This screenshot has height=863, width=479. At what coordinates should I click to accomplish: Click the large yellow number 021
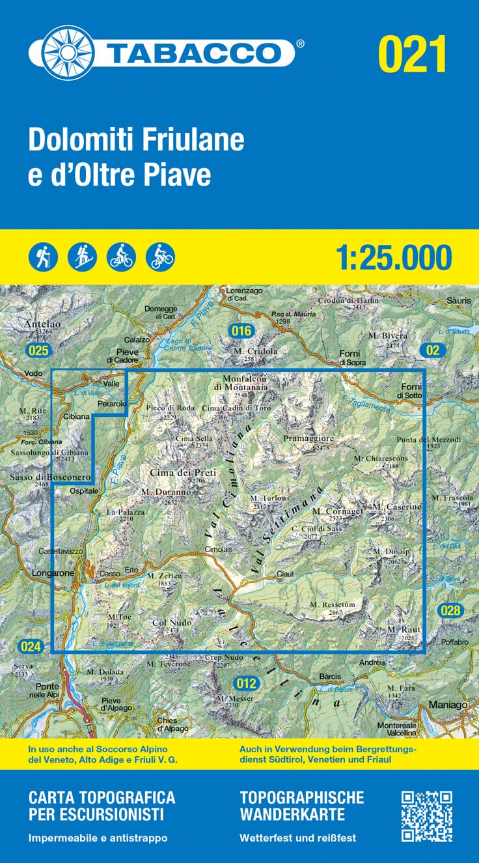[x=412, y=54]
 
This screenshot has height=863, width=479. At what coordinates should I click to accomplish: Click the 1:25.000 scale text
[x=394, y=257]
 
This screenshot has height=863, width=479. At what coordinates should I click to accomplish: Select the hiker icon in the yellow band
[x=43, y=257]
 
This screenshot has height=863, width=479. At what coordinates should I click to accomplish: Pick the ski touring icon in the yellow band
[x=82, y=257]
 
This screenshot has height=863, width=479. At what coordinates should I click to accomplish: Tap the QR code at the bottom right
[x=426, y=815]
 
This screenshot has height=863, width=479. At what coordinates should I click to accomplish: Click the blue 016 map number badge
[x=241, y=332]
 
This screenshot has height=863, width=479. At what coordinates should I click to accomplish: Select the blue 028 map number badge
[x=450, y=610]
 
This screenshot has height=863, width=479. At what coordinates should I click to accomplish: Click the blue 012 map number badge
[x=247, y=683]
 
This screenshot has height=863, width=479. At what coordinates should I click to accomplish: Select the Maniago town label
[x=449, y=704]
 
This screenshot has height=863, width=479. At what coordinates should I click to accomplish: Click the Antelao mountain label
[x=40, y=322]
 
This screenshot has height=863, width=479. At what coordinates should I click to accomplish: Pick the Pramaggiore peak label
[x=308, y=439]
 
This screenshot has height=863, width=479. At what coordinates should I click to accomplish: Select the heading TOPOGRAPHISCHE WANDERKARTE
[x=301, y=806]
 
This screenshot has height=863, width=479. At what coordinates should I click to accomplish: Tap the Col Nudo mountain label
[x=172, y=623]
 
